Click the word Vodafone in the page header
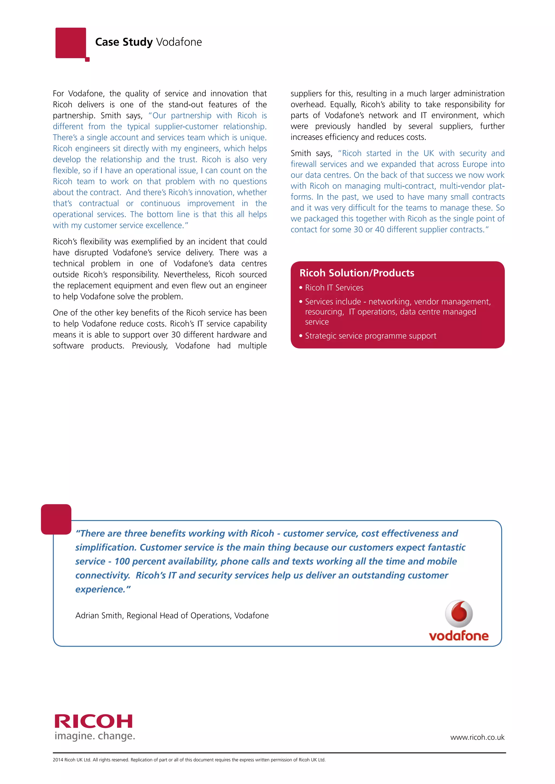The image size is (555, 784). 179,42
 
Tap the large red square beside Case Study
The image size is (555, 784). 71,43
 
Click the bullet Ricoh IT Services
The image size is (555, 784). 334,288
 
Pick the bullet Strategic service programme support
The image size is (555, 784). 370,336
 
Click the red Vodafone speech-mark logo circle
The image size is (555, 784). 459,614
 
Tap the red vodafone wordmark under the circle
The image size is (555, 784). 459,636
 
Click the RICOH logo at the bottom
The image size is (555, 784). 93,721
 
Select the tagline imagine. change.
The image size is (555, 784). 95,736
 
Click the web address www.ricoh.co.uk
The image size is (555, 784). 477,737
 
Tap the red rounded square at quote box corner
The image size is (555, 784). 56,519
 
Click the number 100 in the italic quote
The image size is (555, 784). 122,561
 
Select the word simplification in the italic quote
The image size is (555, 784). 106,547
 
